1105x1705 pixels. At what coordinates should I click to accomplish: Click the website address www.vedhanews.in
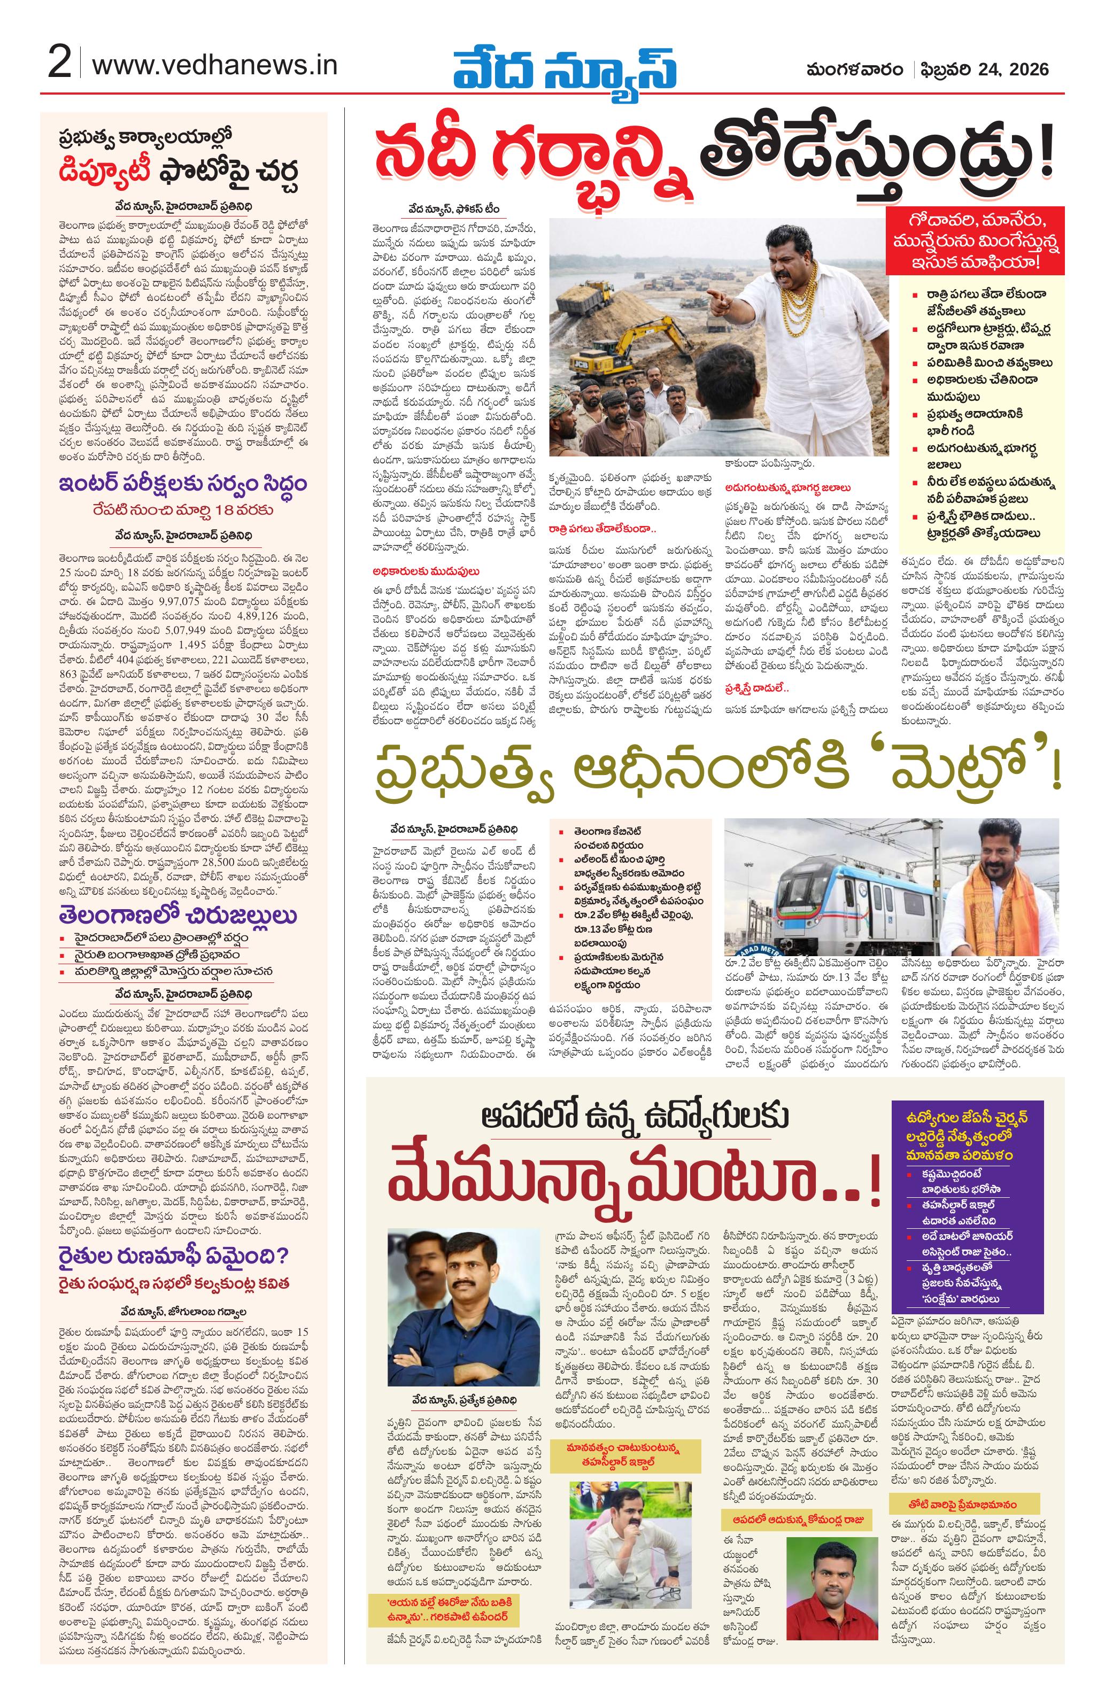click(214, 65)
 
